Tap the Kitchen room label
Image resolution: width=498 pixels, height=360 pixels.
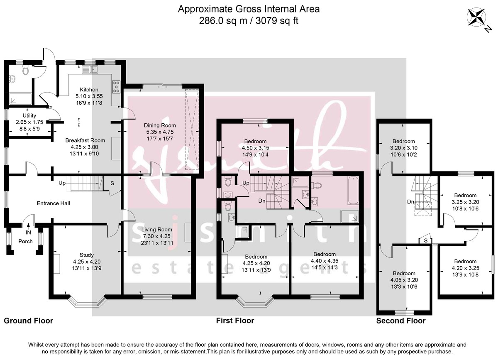[89, 89]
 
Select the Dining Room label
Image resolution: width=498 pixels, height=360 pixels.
[160, 125]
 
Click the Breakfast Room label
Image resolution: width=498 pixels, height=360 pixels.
[85, 140]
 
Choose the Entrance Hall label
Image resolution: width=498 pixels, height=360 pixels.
[53, 203]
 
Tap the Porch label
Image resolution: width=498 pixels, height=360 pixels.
[26, 241]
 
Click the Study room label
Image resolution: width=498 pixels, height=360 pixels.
[86, 255]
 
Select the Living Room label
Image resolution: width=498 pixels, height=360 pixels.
[156, 230]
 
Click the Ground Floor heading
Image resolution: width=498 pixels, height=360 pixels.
[29, 321]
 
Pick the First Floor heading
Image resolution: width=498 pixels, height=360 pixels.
[235, 321]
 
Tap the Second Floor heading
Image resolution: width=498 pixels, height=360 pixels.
[400, 321]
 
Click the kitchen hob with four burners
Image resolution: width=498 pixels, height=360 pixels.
[116, 86]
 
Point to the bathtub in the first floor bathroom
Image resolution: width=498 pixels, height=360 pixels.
[353, 191]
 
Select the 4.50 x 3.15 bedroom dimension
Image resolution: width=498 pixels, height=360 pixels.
[255, 148]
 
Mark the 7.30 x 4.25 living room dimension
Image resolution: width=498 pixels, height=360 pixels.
[156, 237]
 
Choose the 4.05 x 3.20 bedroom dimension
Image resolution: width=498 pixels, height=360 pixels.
[404, 281]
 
